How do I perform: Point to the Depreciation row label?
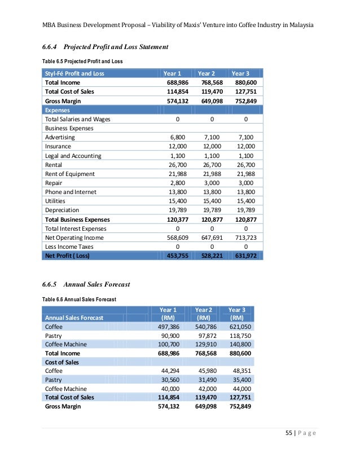click(x=63, y=210)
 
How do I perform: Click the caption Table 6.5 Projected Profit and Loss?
click(x=82, y=60)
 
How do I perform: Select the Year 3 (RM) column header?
click(x=237, y=314)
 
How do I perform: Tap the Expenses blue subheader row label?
click(x=58, y=110)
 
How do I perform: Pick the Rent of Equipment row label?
click(x=69, y=174)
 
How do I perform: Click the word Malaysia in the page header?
click(x=297, y=25)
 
